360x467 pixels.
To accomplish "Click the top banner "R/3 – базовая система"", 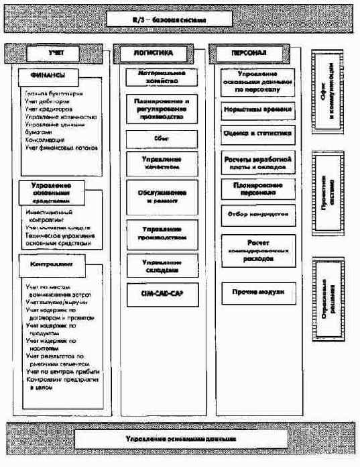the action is click(179, 21).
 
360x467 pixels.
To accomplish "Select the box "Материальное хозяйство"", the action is click(162, 75).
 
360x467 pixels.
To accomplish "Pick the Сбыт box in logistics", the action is click(162, 139).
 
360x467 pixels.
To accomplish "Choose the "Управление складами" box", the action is click(162, 266).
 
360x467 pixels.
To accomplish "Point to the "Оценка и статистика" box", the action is click(258, 133).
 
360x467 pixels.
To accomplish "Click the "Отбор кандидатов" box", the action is click(258, 214).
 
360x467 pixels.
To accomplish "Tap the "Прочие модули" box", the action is click(258, 292).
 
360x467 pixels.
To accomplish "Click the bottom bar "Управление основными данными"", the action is click(179, 439).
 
